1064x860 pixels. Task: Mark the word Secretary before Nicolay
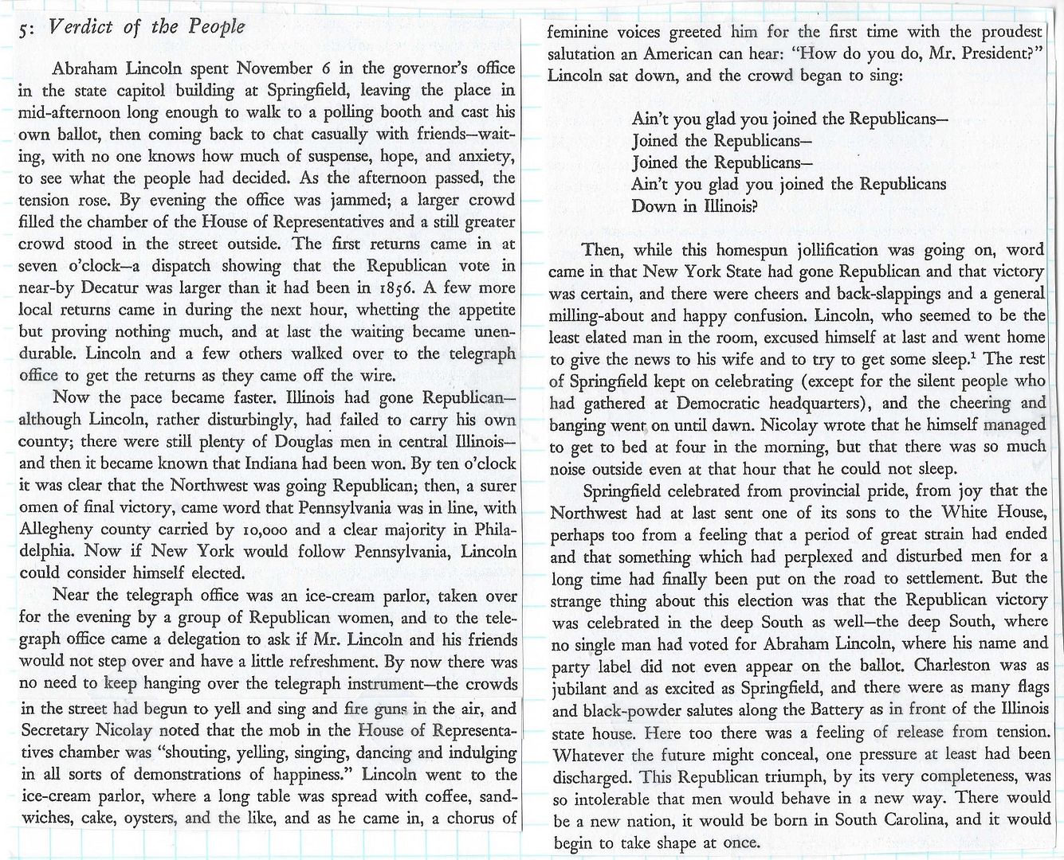[56, 730]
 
